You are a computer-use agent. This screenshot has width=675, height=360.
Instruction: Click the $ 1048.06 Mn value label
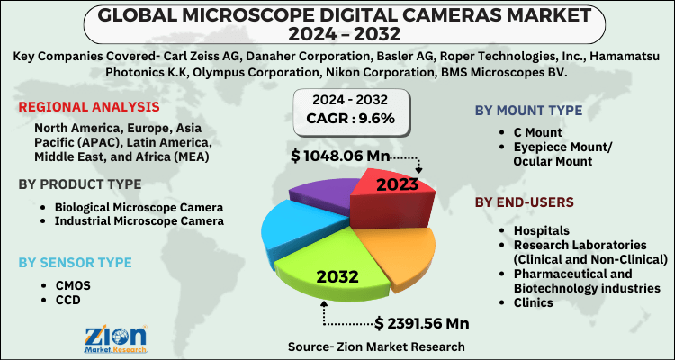(x=339, y=157)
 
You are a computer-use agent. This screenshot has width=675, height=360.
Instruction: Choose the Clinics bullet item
(x=534, y=301)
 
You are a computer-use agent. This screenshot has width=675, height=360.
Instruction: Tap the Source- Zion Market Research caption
(x=376, y=346)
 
